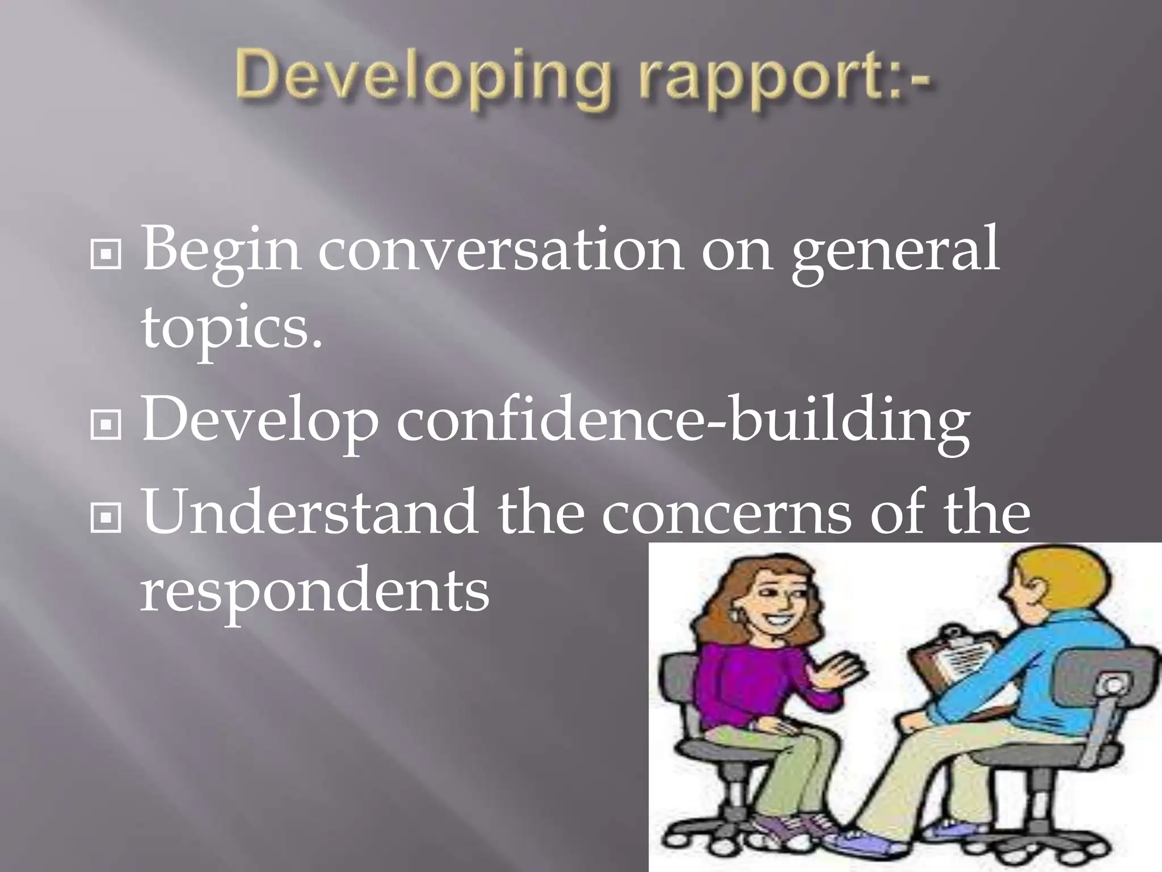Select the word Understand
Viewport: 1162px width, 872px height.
309,513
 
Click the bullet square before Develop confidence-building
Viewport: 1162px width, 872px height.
106,426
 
